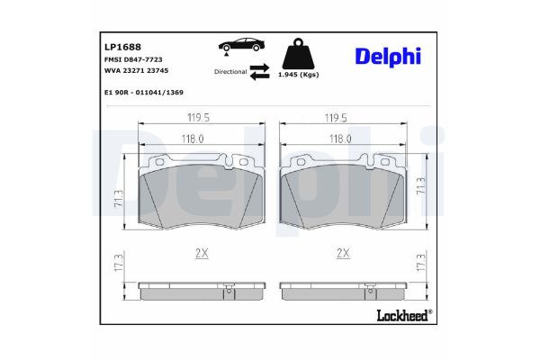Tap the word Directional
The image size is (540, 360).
(x=230, y=70)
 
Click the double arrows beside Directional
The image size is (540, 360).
(x=259, y=71)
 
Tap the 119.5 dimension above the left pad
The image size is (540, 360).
(x=199, y=116)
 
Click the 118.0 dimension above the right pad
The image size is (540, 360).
(x=340, y=139)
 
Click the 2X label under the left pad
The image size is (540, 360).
(x=202, y=255)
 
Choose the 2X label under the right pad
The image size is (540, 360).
(x=342, y=255)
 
